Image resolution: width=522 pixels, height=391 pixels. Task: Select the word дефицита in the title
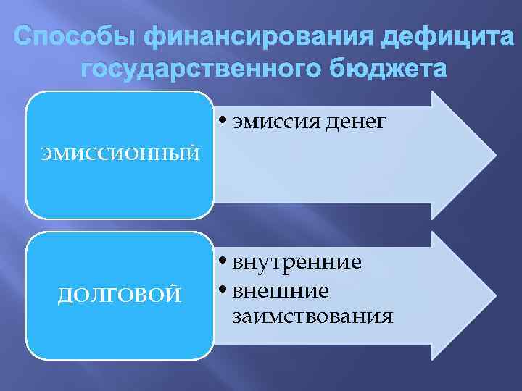[x=442, y=36]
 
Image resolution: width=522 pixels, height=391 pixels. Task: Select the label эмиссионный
[x=120, y=154]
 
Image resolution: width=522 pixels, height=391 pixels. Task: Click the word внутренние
[x=297, y=262]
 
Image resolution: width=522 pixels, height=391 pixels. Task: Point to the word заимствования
[x=313, y=316]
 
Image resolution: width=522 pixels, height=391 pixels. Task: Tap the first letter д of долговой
[x=62, y=295]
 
